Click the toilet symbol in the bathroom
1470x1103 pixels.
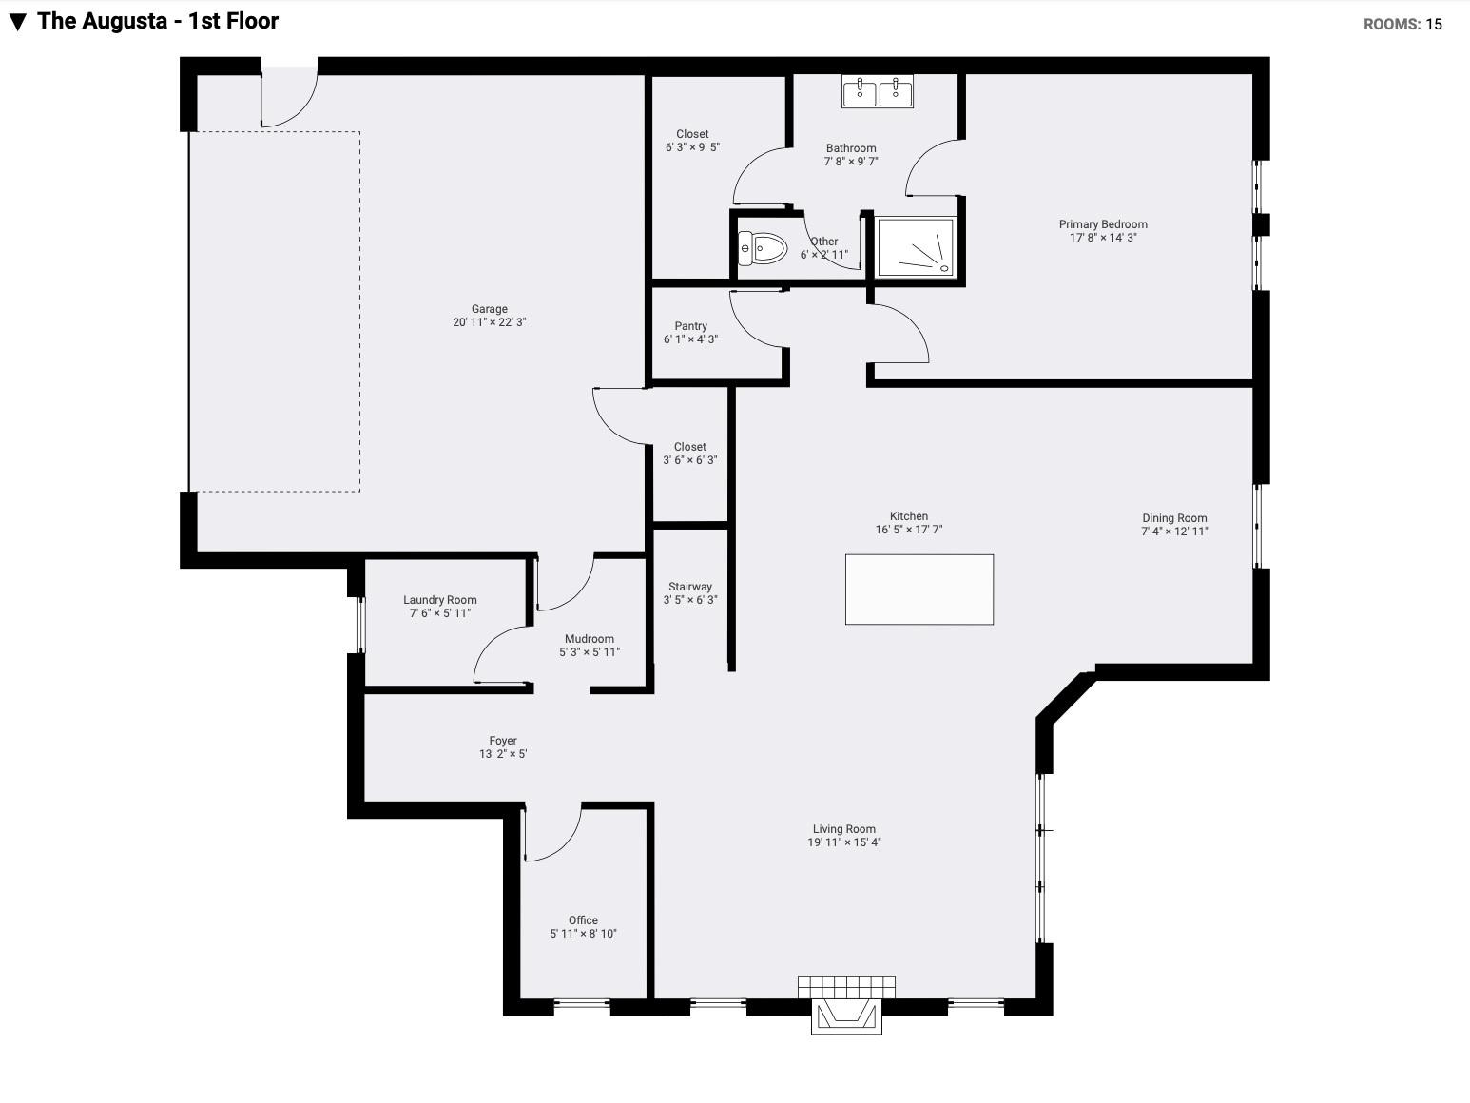tap(763, 248)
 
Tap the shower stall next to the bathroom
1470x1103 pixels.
tap(916, 247)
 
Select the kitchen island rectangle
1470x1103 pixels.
tap(919, 590)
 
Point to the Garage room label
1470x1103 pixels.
tap(490, 309)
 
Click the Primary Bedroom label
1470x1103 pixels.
tap(1103, 224)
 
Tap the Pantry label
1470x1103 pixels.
tap(690, 326)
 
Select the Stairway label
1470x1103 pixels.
tap(689, 587)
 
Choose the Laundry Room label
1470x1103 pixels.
tap(440, 600)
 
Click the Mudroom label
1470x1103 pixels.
tap(590, 639)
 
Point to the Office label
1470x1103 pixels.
tap(583, 920)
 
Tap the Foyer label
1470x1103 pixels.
tap(503, 741)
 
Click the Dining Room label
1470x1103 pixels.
tap(1174, 518)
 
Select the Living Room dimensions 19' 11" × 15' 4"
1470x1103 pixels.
tap(843, 842)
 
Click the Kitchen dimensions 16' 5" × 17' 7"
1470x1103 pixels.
tap(909, 529)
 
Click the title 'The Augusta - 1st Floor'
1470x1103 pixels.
tap(158, 21)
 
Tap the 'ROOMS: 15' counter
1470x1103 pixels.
tap(1403, 24)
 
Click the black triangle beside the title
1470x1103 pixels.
tap(18, 22)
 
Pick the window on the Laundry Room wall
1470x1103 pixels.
tap(361, 625)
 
